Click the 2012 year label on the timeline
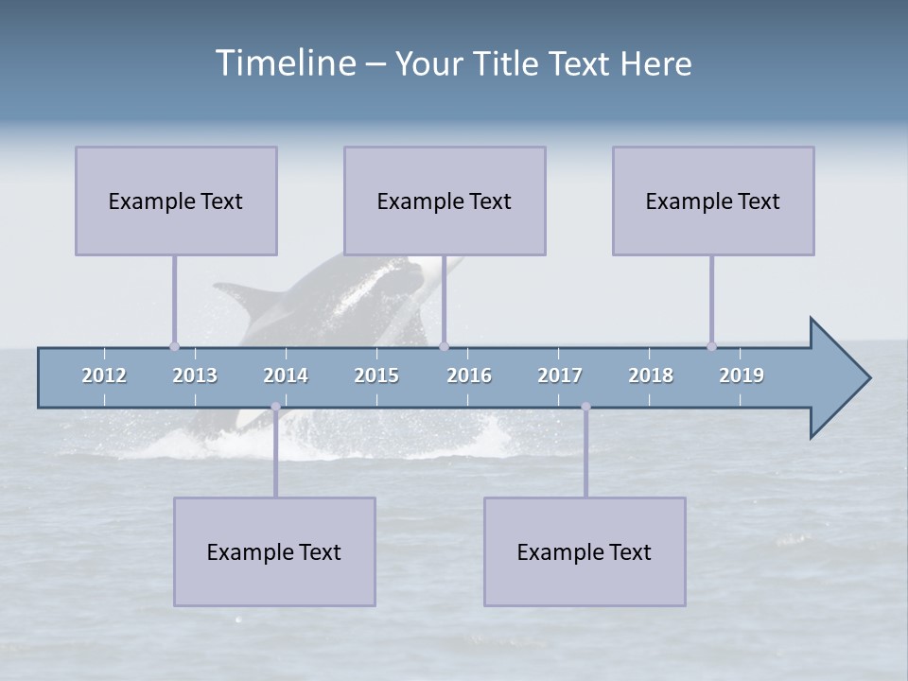click(104, 375)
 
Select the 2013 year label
click(195, 375)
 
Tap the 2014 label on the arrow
click(286, 375)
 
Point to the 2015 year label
click(376, 375)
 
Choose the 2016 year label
click(469, 375)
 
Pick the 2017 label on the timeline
click(560, 375)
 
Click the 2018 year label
click(651, 375)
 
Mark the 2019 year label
click(742, 375)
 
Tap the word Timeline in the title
click(284, 63)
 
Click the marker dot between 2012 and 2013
click(174, 346)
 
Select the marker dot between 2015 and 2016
click(444, 346)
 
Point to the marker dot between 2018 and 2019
click(711, 346)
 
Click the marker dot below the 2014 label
click(275, 407)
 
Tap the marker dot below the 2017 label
click(585, 407)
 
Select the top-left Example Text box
click(176, 201)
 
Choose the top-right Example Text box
click(713, 201)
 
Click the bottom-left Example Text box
click(274, 551)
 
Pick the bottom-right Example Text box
click(585, 551)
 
